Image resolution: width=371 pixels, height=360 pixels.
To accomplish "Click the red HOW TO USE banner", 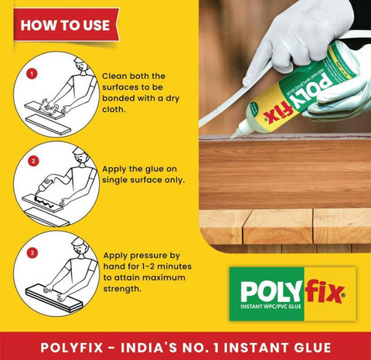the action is (66, 25).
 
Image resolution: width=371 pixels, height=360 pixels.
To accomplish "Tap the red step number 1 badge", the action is (32, 74).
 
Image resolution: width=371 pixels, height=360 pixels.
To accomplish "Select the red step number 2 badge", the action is (33, 161).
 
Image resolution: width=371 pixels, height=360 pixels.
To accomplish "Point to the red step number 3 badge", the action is (32, 253).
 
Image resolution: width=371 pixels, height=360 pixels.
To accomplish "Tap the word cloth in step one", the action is (114, 110).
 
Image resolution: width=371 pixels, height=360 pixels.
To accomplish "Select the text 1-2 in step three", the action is (148, 267).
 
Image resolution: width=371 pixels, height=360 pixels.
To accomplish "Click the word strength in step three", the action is (122, 289).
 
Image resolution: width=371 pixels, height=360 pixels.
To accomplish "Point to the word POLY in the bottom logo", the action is (272, 291).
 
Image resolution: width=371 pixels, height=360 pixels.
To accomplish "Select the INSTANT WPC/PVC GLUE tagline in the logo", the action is (271, 307).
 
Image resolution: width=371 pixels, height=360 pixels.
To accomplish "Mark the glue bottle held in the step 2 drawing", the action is (45, 185).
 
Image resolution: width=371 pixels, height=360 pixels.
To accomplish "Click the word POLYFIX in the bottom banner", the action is (72, 348).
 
